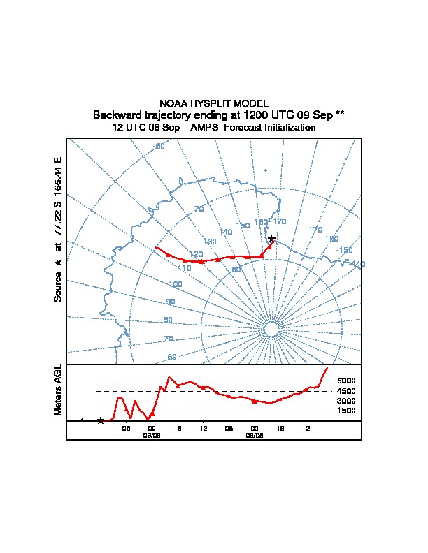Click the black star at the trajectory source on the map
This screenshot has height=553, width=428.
[x=271, y=239]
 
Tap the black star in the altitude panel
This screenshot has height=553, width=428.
[x=101, y=420]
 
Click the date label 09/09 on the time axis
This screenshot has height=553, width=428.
[x=152, y=434]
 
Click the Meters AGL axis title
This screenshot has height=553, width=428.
[x=58, y=390]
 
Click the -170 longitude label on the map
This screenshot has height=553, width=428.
[x=314, y=230]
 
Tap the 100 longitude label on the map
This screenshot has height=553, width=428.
[x=175, y=284]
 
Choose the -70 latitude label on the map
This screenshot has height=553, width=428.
[x=197, y=209]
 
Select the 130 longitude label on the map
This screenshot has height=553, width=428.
[x=209, y=241]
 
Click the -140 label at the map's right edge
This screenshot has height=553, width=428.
[x=358, y=264]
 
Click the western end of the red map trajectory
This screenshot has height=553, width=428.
[x=156, y=247]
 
